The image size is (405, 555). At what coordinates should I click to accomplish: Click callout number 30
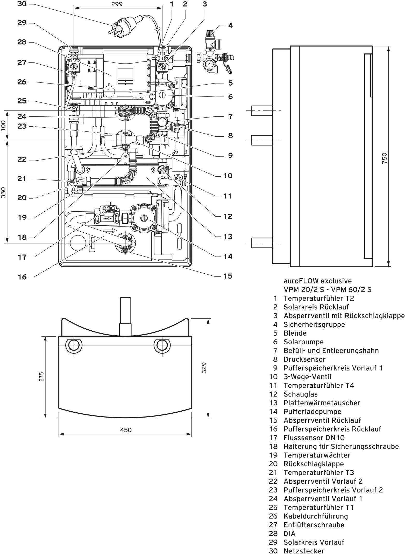(22, 4)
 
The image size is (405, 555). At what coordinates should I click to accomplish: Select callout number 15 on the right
(228, 276)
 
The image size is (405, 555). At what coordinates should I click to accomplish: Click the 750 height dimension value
(384, 158)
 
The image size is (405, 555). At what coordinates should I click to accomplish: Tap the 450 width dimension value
(126, 430)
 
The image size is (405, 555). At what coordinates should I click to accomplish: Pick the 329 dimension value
(204, 368)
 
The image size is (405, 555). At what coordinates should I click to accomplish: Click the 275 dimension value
(41, 377)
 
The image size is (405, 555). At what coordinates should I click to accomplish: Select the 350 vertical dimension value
(3, 192)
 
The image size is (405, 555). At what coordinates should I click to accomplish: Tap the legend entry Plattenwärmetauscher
(322, 403)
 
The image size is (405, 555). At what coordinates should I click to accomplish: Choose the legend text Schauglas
(300, 394)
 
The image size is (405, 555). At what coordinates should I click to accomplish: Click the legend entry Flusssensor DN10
(314, 438)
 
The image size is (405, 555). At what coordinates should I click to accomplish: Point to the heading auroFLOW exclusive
(317, 281)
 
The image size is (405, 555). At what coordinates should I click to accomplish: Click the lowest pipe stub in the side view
(262, 243)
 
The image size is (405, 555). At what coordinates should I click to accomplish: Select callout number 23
(22, 126)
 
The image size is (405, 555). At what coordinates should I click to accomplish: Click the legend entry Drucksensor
(304, 359)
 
